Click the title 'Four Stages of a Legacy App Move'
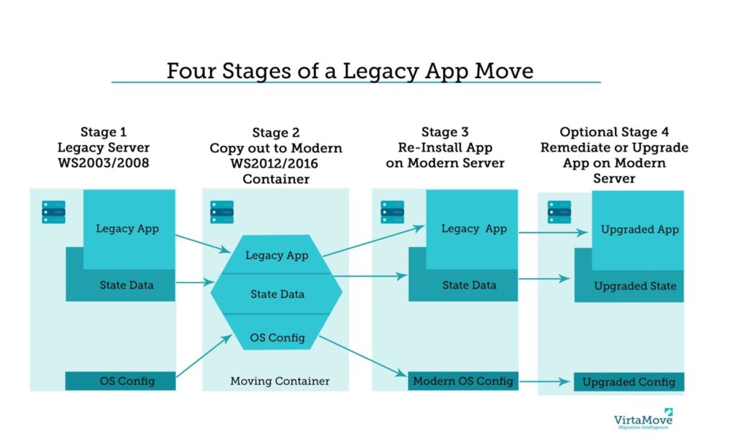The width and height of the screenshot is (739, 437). [350, 72]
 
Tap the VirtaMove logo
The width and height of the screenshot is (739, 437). [643, 419]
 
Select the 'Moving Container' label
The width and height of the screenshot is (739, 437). [280, 381]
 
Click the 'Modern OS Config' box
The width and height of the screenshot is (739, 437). [463, 381]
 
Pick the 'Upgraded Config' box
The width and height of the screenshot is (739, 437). [629, 382]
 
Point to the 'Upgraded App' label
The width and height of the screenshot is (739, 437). [639, 230]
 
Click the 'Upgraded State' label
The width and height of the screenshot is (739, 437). [635, 286]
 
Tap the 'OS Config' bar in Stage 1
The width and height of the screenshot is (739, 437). [121, 381]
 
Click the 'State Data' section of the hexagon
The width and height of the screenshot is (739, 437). [276, 294]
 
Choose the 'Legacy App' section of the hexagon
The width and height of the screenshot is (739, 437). [276, 254]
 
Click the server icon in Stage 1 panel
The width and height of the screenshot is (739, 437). [53, 212]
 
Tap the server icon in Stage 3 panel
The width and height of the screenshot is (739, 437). [392, 212]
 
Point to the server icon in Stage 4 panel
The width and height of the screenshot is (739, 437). [559, 212]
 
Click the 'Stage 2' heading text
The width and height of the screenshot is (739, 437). [276, 133]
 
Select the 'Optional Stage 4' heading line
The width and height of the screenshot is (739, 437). [614, 131]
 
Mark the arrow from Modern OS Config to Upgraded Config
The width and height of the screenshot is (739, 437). [545, 381]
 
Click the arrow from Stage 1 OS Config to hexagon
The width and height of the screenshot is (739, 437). [204, 356]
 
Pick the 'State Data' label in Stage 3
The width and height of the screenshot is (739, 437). [469, 285]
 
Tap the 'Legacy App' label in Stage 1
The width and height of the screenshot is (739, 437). [127, 229]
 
